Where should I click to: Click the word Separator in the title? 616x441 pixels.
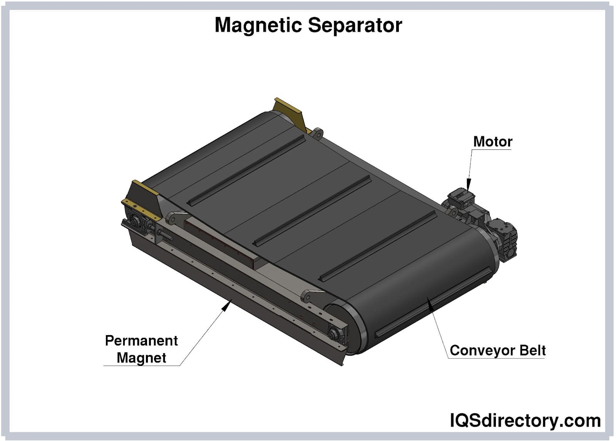click(355, 25)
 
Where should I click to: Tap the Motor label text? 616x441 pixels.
click(492, 142)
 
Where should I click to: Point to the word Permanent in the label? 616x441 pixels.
click(141, 341)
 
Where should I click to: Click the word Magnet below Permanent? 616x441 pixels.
click(141, 358)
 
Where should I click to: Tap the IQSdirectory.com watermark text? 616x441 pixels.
click(525, 421)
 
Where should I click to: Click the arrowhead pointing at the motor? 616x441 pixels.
click(469, 184)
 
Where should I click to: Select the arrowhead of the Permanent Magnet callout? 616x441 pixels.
click(227, 306)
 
